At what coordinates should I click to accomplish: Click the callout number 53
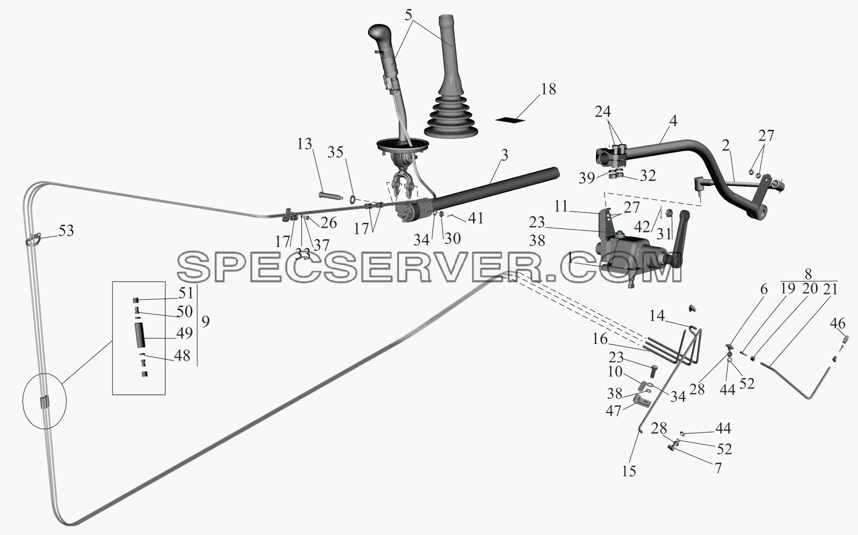[x=66, y=231]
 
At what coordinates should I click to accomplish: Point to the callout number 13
[x=304, y=144]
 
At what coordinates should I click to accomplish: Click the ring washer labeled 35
[x=352, y=199]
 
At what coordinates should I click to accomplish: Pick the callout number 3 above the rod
[x=505, y=155]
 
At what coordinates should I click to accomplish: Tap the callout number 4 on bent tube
[x=673, y=121]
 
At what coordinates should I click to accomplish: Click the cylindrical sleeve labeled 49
[x=140, y=335]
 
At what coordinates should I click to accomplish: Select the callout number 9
[x=205, y=322]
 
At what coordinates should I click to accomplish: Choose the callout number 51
[x=185, y=293]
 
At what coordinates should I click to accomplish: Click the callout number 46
[x=838, y=323]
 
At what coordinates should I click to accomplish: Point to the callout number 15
[x=629, y=471]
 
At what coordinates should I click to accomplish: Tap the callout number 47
[x=613, y=411]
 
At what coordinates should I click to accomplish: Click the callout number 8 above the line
[x=808, y=274]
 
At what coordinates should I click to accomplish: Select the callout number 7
[x=718, y=468]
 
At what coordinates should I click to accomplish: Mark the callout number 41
[x=475, y=218]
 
